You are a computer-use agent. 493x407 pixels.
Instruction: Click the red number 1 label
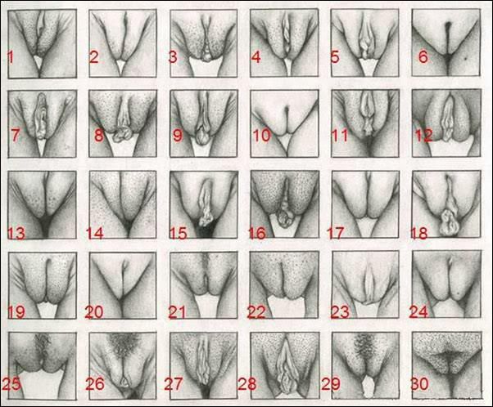pos(11,56)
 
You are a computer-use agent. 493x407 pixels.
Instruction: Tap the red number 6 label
pos(423,56)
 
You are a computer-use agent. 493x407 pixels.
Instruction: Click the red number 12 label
pos(423,135)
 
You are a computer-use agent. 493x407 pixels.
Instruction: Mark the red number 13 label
pos(16,234)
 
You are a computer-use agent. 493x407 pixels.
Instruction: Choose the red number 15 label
pos(178,234)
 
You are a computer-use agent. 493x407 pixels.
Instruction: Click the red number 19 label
pos(16,312)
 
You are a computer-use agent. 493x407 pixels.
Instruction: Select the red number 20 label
pos(97,312)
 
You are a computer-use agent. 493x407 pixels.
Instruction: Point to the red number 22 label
pos(258,312)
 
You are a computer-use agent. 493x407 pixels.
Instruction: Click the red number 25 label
pos(12,382)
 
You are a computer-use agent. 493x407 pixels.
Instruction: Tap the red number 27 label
pos(177,382)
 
